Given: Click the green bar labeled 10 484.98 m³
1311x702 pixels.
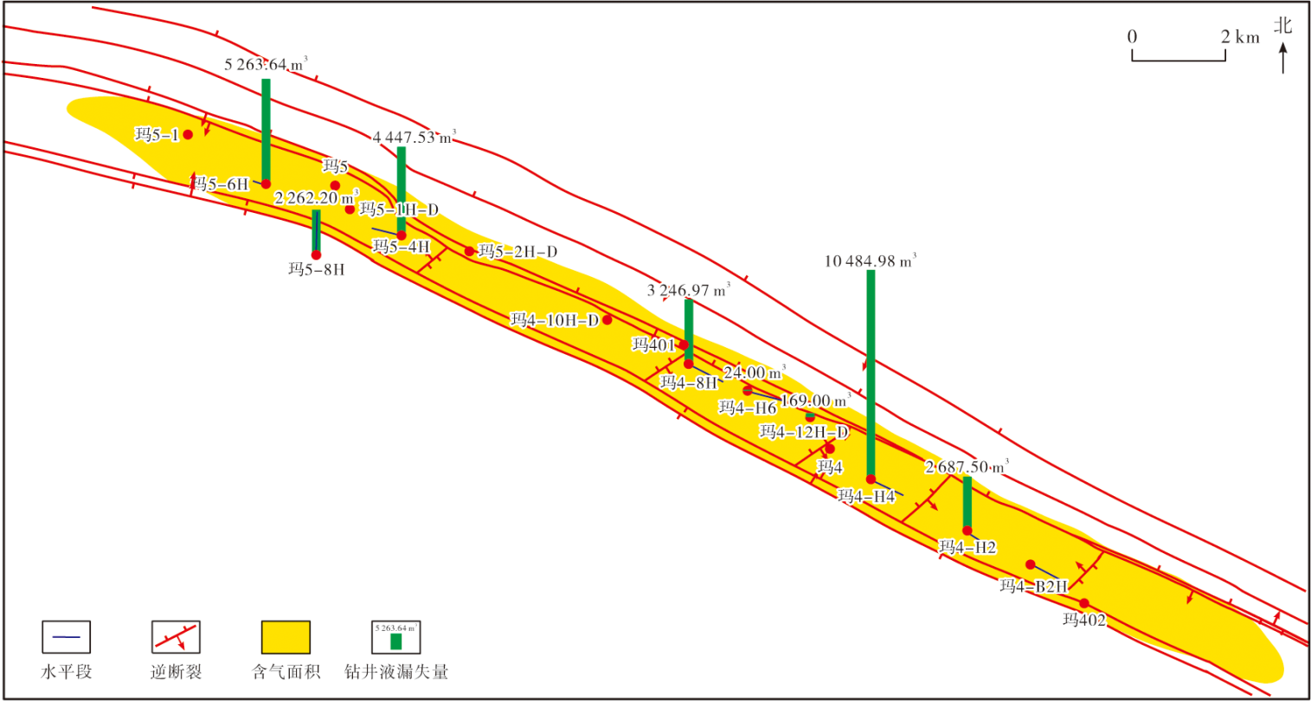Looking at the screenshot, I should click(871, 372).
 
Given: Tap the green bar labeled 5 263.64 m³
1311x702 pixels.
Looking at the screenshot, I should click(266, 130).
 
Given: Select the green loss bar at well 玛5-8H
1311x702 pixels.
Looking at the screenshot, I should click(316, 231).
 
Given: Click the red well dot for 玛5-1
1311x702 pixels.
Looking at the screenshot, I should click(188, 135).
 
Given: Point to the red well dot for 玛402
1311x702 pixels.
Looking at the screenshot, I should click(1084, 603).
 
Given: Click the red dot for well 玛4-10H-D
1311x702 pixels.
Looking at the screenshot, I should click(607, 320).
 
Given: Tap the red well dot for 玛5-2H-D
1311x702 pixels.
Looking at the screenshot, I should click(470, 252).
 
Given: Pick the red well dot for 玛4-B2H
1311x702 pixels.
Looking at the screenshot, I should click(1031, 565).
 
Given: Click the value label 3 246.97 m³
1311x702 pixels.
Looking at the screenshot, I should click(689, 290).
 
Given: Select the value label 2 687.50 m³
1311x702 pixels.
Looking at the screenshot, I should click(967, 467).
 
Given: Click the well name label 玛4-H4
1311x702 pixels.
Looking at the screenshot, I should click(866, 497).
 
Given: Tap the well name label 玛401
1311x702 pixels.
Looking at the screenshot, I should click(653, 345).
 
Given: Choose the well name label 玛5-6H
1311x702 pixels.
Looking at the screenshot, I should click(220, 184).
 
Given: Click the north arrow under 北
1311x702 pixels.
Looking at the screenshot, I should click(1283, 59).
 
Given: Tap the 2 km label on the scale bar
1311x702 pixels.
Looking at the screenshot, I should click(1240, 36).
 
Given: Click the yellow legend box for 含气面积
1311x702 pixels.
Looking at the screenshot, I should click(286, 637).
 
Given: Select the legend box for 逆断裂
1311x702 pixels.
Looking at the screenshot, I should click(176, 637).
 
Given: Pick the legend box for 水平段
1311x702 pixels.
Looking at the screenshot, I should click(67, 637).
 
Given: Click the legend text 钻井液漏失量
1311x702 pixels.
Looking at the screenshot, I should click(396, 672).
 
